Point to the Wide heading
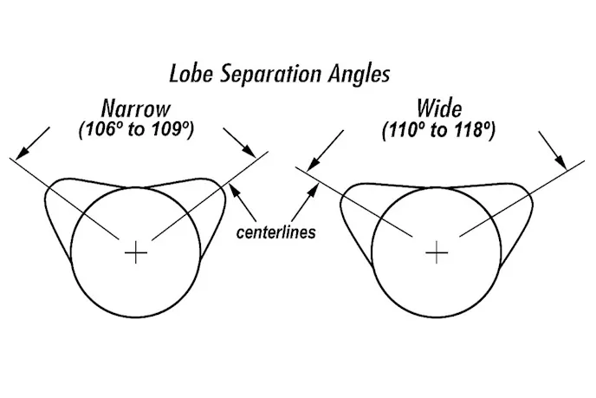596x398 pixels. tap(438, 110)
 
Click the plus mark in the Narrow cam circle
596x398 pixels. tap(135, 252)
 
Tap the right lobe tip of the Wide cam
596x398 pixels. tap(527, 199)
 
